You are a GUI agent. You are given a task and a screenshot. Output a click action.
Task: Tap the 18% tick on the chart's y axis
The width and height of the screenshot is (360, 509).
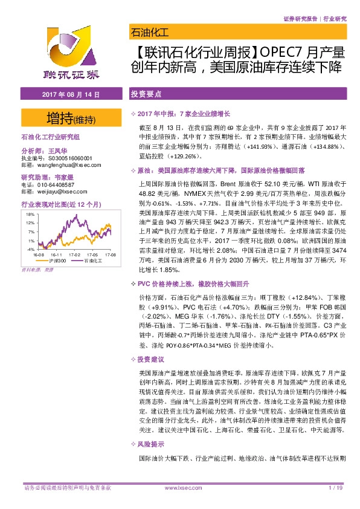29,214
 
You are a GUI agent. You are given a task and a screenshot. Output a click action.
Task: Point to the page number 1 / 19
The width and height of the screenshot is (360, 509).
336,487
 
